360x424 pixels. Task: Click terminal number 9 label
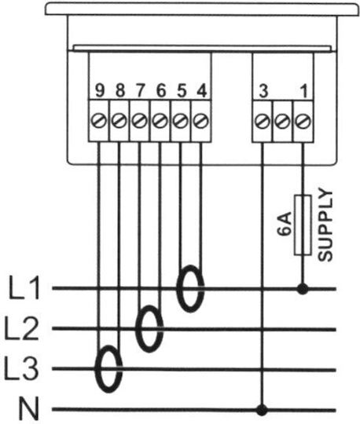pyautogui.click(x=100, y=90)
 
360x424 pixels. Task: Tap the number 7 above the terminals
pyautogui.click(x=140, y=90)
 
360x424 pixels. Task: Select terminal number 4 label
pyautogui.click(x=202, y=90)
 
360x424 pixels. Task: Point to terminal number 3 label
pyautogui.click(x=263, y=91)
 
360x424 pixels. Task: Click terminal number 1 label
pyautogui.click(x=304, y=91)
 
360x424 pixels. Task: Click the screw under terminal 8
pyautogui.click(x=119, y=120)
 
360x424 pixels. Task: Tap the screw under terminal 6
pyautogui.click(x=160, y=120)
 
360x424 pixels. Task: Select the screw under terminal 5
pyautogui.click(x=181, y=120)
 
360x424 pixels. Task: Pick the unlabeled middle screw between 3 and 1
pyautogui.click(x=282, y=120)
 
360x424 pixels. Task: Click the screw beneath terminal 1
pyautogui.click(x=303, y=120)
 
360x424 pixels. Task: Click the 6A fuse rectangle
pyautogui.click(x=303, y=225)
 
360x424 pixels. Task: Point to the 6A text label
pyautogui.click(x=285, y=225)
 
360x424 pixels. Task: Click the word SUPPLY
pyautogui.click(x=325, y=225)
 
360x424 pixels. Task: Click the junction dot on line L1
pyautogui.click(x=303, y=289)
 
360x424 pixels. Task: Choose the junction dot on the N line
pyautogui.click(x=262, y=410)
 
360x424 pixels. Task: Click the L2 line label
pyautogui.click(x=21, y=327)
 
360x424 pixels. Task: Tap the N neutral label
pyautogui.click(x=28, y=408)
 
